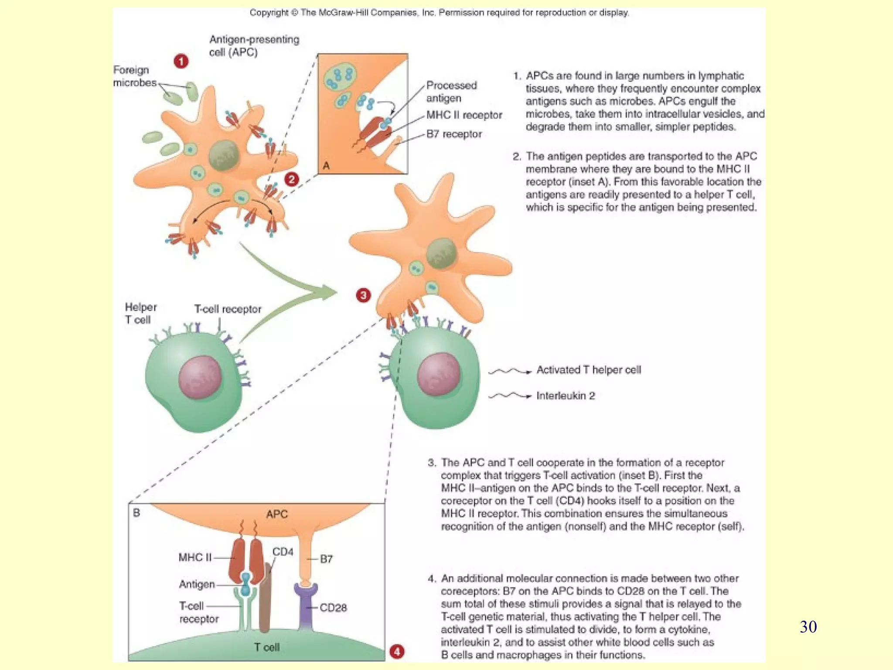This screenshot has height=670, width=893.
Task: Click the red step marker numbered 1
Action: tap(181, 61)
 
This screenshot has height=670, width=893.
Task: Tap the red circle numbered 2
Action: tap(291, 179)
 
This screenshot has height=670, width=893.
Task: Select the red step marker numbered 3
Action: tap(363, 295)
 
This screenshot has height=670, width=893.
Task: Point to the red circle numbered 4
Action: tap(397, 652)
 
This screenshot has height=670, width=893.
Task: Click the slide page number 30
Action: tap(808, 627)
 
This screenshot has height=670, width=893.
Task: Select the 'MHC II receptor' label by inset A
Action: tap(464, 115)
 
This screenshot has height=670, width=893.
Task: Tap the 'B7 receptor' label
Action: tap(454, 134)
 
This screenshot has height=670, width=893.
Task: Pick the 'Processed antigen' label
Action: tap(451, 92)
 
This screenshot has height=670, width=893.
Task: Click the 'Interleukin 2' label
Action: tap(566, 396)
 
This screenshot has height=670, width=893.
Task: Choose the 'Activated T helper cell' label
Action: tap(588, 370)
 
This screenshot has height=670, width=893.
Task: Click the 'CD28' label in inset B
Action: tap(333, 608)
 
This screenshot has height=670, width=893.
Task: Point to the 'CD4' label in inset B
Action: tap(283, 552)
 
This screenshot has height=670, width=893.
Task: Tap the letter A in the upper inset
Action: tap(326, 166)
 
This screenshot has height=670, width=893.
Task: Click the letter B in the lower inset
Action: tap(136, 513)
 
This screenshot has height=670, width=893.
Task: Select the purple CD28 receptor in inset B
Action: tap(305, 606)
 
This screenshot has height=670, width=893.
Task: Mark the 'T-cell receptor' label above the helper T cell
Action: tap(228, 309)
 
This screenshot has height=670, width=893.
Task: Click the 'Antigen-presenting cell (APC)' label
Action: tap(254, 46)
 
